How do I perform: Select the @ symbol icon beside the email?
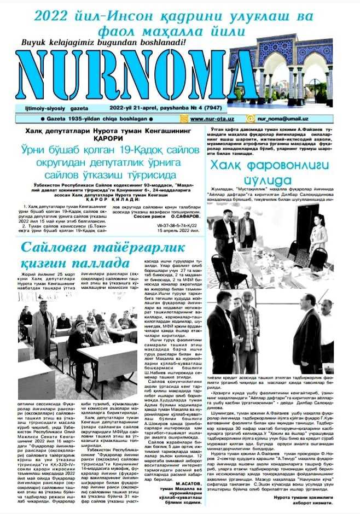(x=250, y=118)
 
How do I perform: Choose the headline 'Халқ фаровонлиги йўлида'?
(x=269, y=172)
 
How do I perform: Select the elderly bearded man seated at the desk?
(x=81, y=340)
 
